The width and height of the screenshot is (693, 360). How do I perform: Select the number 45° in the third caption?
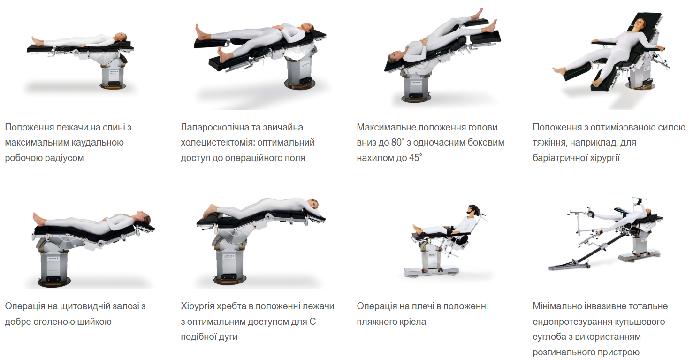point(416,158)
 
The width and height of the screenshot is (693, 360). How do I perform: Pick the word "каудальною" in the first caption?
point(94,142)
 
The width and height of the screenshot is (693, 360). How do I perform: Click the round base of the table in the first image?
point(113,85)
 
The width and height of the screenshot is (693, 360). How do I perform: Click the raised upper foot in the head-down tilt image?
point(478,14)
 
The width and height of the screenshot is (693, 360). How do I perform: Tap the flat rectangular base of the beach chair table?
point(431,273)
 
